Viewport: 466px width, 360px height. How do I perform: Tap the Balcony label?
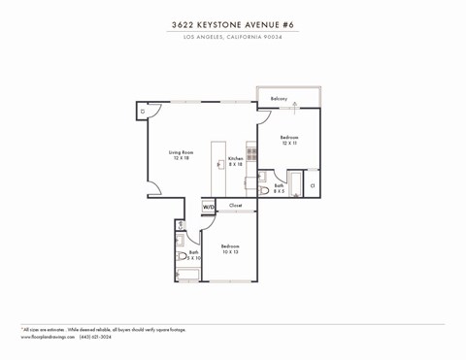[x=279, y=99]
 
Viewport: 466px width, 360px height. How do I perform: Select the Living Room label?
[x=181, y=153]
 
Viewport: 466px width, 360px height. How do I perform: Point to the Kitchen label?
[x=235, y=160]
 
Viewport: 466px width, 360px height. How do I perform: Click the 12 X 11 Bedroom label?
[x=289, y=140]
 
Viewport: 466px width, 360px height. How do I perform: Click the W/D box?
[x=208, y=206]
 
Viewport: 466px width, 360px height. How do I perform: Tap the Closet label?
[x=236, y=205]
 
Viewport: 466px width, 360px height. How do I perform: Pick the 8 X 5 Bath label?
[x=279, y=188]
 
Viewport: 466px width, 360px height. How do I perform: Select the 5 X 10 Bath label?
[x=194, y=255]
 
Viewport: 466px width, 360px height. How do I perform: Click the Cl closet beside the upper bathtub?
[x=312, y=184]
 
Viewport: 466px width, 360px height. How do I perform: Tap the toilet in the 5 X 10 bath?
[x=182, y=256]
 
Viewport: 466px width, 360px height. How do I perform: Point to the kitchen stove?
[x=251, y=153]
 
